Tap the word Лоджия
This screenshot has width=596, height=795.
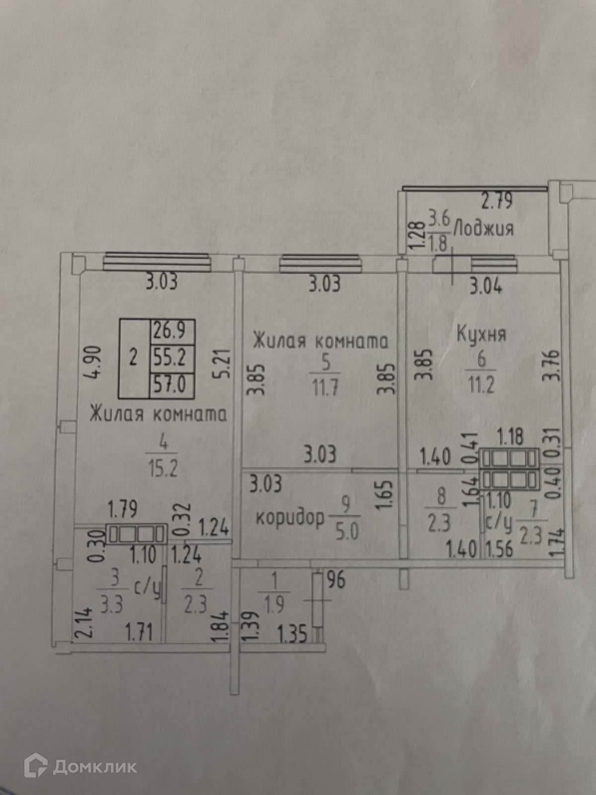click(484, 229)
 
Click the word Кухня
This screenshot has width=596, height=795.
click(481, 333)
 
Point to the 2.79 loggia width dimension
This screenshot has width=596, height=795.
click(497, 202)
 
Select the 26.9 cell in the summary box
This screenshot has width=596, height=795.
click(171, 329)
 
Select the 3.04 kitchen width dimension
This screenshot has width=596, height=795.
click(485, 287)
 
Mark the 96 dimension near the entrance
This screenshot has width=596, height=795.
click(336, 580)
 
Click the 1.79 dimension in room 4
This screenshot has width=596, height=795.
click(123, 509)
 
